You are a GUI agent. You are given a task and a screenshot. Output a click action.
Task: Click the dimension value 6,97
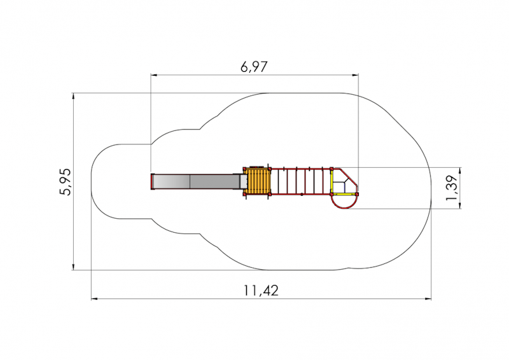click(x=254, y=67)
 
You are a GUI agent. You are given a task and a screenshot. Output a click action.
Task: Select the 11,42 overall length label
click(x=261, y=291)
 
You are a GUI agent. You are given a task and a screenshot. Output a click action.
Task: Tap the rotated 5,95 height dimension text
click(x=65, y=182)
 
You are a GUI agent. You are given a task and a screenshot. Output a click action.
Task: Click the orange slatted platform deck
click(x=258, y=181)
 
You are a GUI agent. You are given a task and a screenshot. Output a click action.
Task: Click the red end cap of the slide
click(x=152, y=182)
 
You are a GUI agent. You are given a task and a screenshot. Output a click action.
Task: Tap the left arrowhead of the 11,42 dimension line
click(x=94, y=299)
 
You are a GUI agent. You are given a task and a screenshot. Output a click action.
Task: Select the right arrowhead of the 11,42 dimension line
click(x=428, y=299)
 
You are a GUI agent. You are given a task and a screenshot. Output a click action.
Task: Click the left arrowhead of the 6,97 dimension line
click(x=154, y=75)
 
